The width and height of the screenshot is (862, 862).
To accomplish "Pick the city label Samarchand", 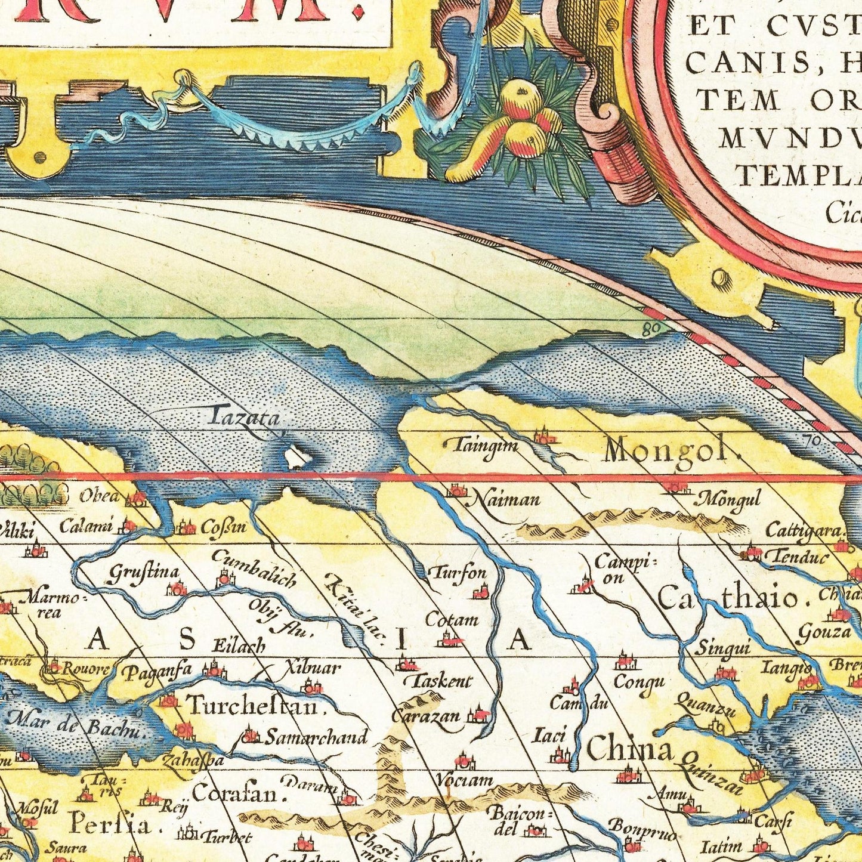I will coord(316,738).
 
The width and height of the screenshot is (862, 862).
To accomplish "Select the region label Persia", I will coord(110,826).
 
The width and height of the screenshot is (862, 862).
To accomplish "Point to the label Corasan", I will coord(237,795).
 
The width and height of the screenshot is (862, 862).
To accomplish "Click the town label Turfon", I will coord(458,573).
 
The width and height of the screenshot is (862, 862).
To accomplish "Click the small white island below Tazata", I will coord(294,458).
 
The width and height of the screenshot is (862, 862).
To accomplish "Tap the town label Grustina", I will coord(143,574).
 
